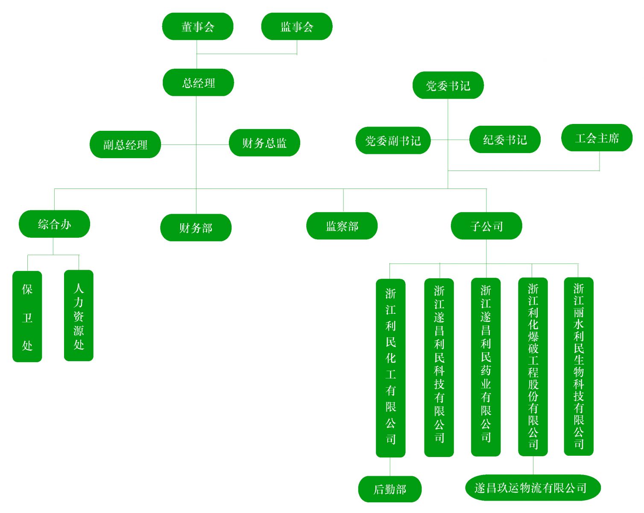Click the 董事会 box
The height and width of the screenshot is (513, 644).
tap(198, 27)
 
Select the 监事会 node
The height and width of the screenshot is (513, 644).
tap(297, 27)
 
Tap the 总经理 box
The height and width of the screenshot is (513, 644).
tap(198, 83)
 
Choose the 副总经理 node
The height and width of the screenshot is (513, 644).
tap(125, 144)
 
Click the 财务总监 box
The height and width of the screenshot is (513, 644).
tap(264, 143)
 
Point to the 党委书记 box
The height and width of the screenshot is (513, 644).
tap(448, 85)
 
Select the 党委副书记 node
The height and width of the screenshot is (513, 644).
tap(393, 140)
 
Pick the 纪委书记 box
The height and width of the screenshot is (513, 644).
tap(505, 139)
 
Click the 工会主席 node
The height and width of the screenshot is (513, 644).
tap(597, 138)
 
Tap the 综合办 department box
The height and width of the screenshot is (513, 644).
tap(54, 224)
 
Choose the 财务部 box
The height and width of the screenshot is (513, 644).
tap(196, 227)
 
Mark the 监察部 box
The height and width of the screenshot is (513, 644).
tap(342, 226)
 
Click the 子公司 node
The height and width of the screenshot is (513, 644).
tap(486, 226)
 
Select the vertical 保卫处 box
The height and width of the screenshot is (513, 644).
tap(27, 317)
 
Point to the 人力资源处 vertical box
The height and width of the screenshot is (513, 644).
tap(79, 316)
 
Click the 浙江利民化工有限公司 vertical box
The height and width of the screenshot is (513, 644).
tap(391, 368)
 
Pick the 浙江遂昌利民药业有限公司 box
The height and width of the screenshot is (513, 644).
tap(486, 367)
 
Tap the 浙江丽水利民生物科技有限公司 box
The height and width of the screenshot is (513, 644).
tap(579, 366)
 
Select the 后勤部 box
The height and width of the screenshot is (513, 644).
tap(390, 489)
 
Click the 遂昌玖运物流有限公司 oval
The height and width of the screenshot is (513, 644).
tap(533, 487)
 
